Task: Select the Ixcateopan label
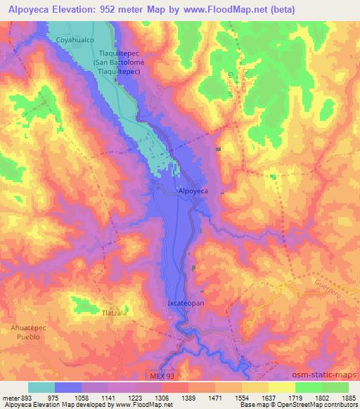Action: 185,303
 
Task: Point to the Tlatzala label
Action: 115,313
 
